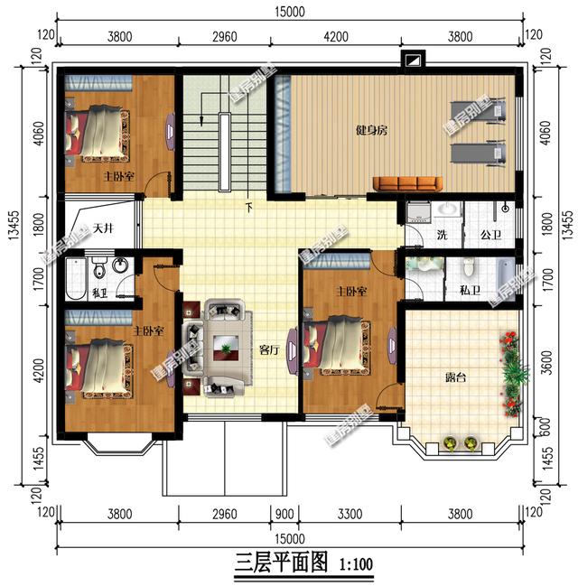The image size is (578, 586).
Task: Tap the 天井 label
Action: (102, 228)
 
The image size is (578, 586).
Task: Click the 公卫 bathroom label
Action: (490, 235)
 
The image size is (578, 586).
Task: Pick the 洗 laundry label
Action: (442, 235)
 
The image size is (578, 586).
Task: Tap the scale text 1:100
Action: (355, 566)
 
